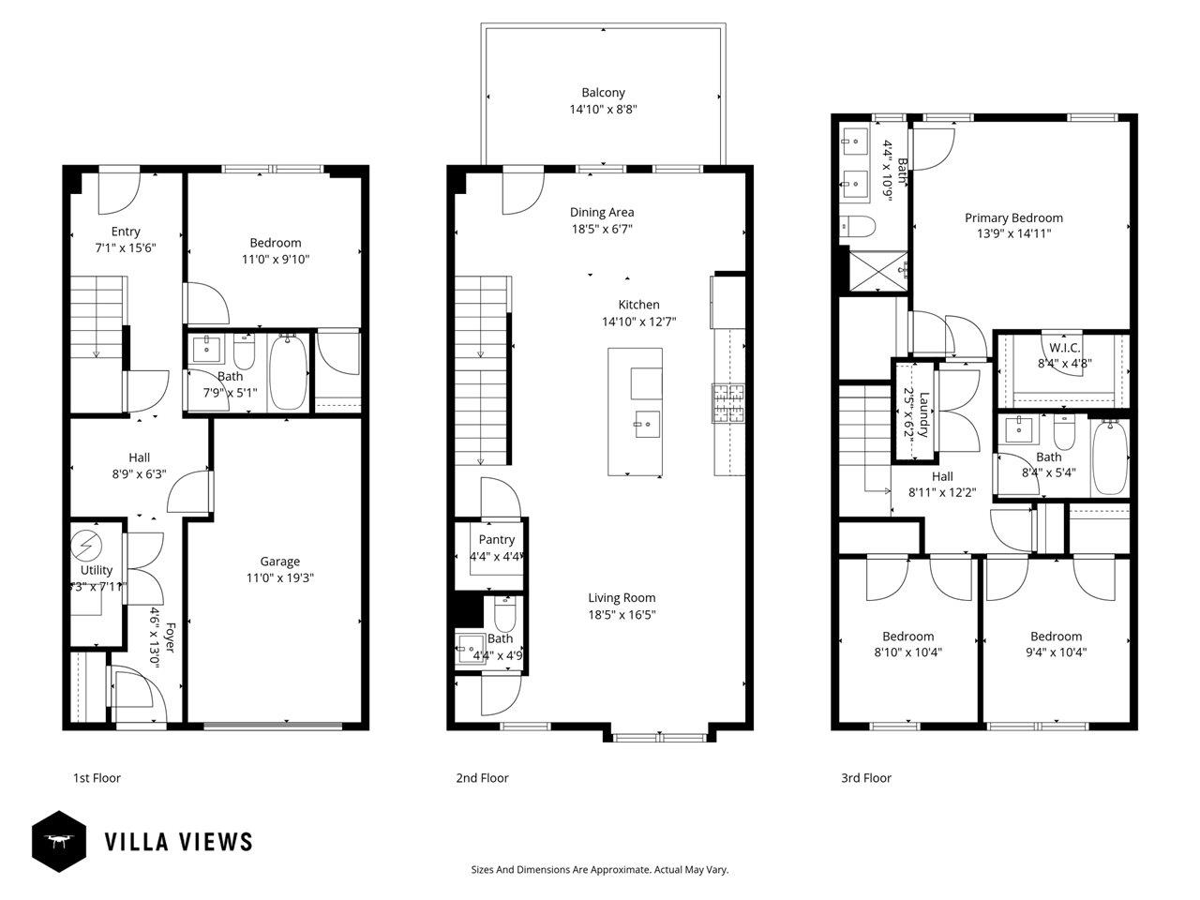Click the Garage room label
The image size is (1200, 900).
pos(279,562)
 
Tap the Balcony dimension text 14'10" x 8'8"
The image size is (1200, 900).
pos(603,110)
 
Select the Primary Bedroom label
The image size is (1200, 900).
pos(1013,217)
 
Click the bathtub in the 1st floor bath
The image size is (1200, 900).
pos(288,372)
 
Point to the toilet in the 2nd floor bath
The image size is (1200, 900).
pos(504,616)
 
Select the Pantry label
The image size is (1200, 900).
pos(496,539)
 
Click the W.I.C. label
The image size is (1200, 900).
pos(1058,348)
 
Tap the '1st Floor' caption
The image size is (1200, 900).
pos(97,778)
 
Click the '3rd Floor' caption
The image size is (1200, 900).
pos(865,778)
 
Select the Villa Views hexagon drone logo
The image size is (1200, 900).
pos(59,841)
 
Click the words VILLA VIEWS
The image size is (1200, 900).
pos(178,842)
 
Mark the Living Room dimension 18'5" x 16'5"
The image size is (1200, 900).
pos(622,615)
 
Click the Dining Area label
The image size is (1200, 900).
pos(602,212)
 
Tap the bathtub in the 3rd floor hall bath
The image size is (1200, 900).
pos(1109,457)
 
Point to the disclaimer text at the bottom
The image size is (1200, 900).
pos(599,870)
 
